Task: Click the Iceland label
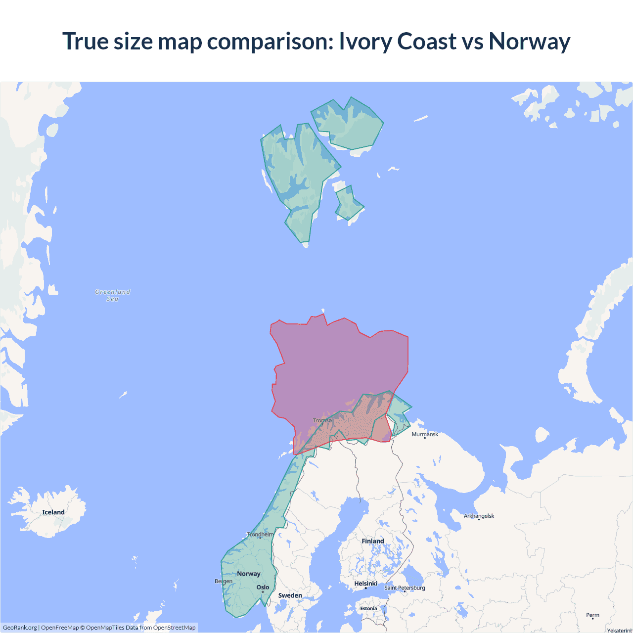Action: [53, 512]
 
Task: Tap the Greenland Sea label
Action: [113, 295]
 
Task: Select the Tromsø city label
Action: [322, 420]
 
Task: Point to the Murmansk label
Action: [425, 434]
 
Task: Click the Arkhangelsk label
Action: [479, 516]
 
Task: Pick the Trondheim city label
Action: [260, 534]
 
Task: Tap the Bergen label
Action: [224, 581]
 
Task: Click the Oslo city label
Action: [263, 588]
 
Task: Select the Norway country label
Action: [249, 574]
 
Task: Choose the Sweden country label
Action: [290, 595]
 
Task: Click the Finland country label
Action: [373, 541]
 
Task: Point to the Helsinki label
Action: [366, 584]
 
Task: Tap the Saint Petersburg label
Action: [405, 588]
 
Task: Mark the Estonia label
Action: [368, 608]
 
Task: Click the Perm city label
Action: [592, 615]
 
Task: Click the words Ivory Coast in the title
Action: [398, 41]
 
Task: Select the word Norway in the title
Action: [529, 41]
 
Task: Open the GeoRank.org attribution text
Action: [20, 628]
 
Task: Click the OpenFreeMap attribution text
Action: [60, 628]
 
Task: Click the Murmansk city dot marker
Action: [425, 438]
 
